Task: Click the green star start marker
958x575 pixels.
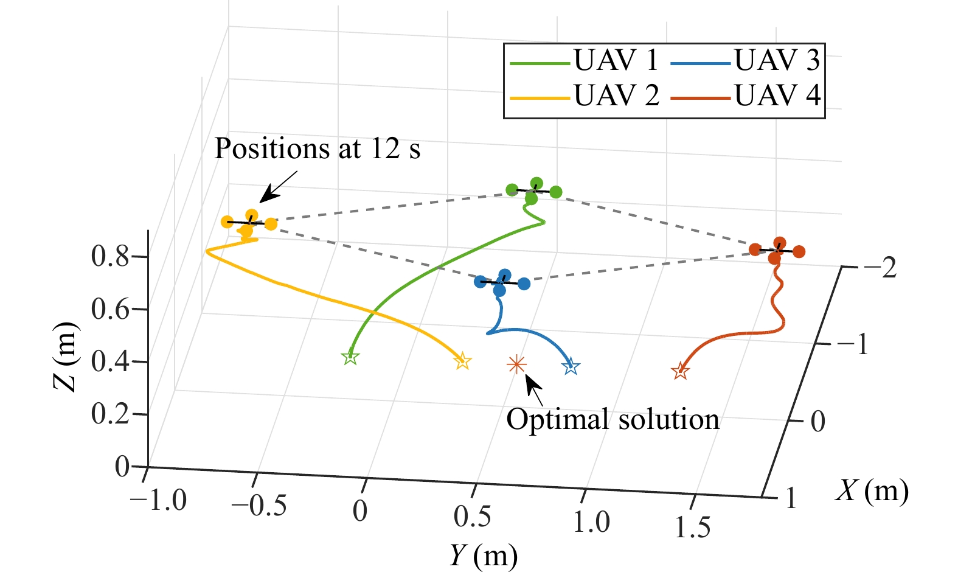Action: [x=350, y=357]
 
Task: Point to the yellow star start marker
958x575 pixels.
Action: [x=463, y=361]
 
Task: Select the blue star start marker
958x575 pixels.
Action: [x=571, y=367]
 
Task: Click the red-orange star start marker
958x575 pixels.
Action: [x=680, y=371]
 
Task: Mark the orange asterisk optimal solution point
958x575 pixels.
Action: [x=516, y=364]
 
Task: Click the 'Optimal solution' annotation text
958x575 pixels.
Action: [x=613, y=420]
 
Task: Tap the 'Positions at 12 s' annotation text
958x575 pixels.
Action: [x=317, y=149]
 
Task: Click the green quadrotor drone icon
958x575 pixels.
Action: [x=533, y=191]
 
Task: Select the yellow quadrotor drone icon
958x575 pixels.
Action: [x=249, y=223]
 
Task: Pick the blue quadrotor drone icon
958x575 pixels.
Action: [x=502, y=282]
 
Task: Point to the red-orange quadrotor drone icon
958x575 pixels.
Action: [x=777, y=250]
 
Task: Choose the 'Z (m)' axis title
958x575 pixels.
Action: [x=66, y=357]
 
